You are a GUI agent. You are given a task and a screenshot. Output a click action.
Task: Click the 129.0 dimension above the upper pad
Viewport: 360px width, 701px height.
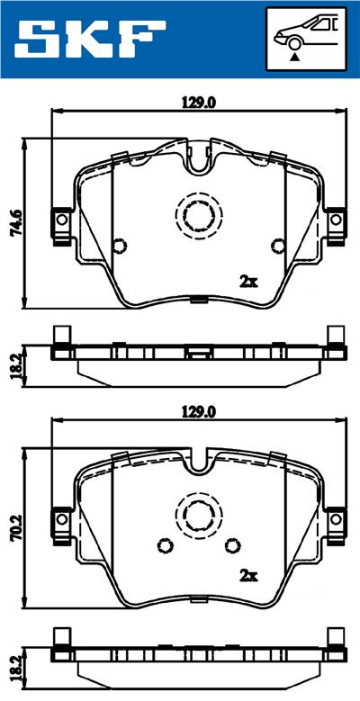pos(200,103)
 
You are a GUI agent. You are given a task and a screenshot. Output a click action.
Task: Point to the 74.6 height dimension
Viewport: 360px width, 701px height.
pos(15,220)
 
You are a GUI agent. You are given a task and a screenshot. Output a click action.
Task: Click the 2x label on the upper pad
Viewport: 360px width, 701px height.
pos(249,281)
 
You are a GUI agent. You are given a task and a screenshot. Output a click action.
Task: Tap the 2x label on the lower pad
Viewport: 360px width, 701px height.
pos(247,575)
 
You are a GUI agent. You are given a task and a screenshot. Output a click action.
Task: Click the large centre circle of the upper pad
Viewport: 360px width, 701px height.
pos(198,215)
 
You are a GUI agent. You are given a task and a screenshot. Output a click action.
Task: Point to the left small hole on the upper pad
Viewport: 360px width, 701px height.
pos(120,245)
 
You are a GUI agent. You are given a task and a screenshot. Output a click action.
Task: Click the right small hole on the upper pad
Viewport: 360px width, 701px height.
pos(276,245)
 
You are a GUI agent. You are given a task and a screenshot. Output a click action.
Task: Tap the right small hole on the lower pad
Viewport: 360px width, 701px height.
pos(233,545)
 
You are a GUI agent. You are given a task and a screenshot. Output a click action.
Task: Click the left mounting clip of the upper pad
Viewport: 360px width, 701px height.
pos(61,221)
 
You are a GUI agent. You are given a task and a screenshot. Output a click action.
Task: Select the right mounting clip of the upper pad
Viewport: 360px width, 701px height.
pos(335,221)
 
